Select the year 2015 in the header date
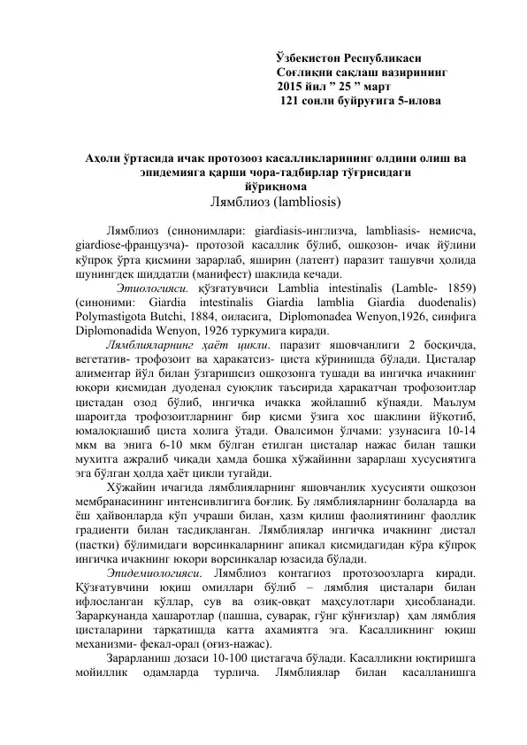(292, 88)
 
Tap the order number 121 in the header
(290, 104)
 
